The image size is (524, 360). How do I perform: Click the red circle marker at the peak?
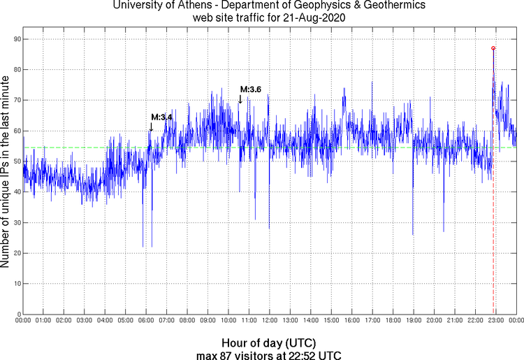click(493, 48)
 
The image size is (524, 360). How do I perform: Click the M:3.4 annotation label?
click(161, 117)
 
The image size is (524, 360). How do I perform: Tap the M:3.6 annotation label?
click(251, 89)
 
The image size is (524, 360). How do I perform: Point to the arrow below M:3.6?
click(240, 100)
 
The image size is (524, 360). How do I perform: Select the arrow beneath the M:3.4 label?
click(151, 127)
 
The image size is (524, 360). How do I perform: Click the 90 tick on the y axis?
click(15, 39)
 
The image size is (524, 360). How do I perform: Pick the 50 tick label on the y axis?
click(15, 161)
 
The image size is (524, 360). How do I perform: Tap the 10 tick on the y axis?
click(15, 284)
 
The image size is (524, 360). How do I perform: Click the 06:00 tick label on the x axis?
click(146, 321)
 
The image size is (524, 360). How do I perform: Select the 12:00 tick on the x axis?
click(269, 321)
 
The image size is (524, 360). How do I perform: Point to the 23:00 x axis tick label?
click(495, 321)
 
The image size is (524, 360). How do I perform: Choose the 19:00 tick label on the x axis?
click(413, 321)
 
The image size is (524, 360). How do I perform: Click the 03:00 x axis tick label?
click(84, 321)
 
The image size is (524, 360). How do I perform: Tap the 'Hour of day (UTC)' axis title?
click(269, 343)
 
